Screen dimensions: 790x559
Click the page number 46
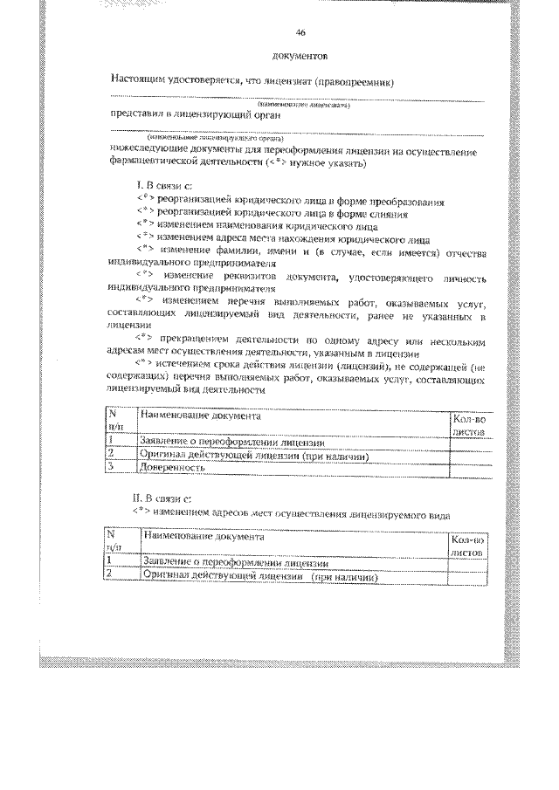[x=300, y=32]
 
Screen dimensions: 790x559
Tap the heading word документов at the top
[x=300, y=58]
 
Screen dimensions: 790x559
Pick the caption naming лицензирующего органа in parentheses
[x=202, y=138]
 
